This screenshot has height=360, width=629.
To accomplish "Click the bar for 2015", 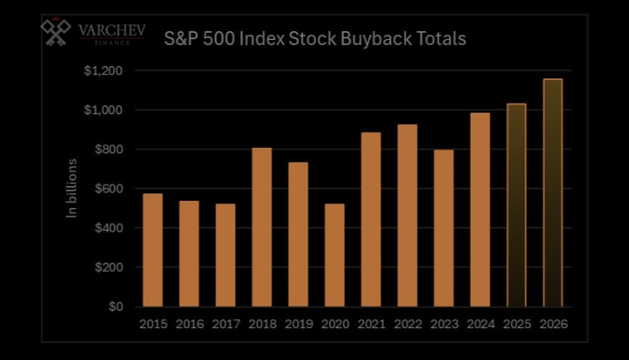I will point(153,250).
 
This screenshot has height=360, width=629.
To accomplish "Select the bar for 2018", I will point(262,227).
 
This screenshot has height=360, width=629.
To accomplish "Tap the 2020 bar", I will point(334,255).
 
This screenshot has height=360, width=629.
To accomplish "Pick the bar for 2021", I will point(370,220).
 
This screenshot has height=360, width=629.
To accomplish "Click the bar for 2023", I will point(444,229).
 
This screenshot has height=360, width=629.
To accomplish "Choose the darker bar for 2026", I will point(552,193).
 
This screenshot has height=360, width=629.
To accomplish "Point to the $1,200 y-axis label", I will point(103,71).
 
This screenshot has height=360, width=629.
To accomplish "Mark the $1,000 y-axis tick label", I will point(103,110).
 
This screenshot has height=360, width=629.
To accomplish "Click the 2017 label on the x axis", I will point(225,324).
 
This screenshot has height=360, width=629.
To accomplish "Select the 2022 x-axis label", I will point(407,324).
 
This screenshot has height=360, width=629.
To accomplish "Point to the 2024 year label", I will point(480,324).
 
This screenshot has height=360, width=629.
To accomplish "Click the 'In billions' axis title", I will point(72,189).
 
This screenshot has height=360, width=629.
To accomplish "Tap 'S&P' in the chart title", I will point(185,38).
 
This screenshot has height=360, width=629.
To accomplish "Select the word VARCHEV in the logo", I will point(112,29).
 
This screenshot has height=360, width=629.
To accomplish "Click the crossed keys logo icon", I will point(56,33).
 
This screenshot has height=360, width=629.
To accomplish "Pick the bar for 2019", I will point(298,234).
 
